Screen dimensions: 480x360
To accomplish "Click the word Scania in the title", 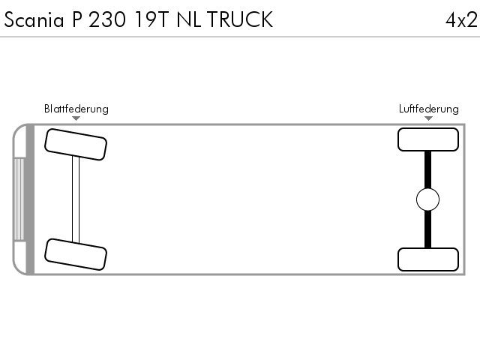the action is point(34,19).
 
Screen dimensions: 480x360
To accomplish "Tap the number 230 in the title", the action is point(107,19).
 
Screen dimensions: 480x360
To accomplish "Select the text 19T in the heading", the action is point(151,19).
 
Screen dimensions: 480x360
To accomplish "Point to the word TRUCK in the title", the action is point(240,19).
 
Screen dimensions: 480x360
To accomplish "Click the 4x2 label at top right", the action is point(461,20).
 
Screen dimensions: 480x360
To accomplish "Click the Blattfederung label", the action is point(76,109).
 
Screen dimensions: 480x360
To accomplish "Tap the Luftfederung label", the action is point(428,109).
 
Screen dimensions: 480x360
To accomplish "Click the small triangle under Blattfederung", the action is point(76,118).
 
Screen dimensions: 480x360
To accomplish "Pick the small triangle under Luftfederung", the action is point(428,118).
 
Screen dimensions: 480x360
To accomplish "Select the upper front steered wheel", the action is point(76,145).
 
